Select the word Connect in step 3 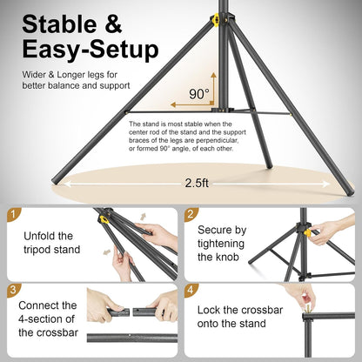(44, 305)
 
